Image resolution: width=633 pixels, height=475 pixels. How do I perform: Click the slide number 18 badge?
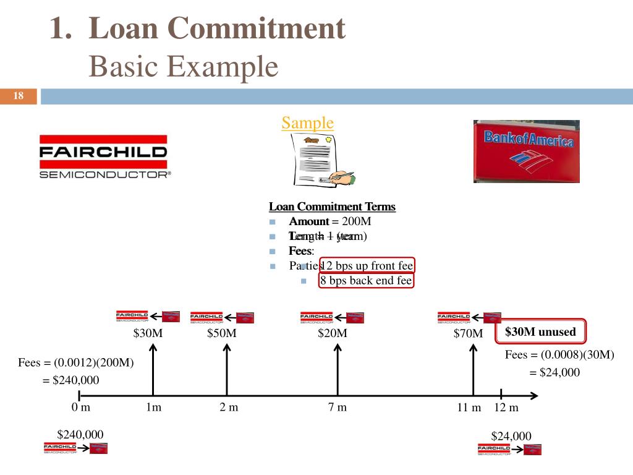tap(19, 96)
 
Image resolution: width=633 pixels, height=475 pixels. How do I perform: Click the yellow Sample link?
tap(307, 122)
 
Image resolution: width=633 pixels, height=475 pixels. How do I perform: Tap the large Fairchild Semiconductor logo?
tap(103, 156)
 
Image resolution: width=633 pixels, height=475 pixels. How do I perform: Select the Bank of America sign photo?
tap(527, 152)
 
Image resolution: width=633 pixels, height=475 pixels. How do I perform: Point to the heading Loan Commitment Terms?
tap(332, 207)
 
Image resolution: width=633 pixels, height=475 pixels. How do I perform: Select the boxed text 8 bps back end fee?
tap(366, 281)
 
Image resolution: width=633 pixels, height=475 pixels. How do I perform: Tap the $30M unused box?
tap(540, 332)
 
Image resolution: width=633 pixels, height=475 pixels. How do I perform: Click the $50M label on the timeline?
tap(222, 333)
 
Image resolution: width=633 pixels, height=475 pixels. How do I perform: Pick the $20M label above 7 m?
tap(333, 333)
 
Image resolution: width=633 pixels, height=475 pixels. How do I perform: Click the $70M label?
tap(468, 334)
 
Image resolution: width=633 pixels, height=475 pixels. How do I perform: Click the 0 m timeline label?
tap(80, 407)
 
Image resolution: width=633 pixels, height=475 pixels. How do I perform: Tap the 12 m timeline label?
tap(506, 408)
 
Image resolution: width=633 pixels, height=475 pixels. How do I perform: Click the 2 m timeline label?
tap(229, 407)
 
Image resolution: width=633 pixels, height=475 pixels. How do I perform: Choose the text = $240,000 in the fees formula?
tap(70, 380)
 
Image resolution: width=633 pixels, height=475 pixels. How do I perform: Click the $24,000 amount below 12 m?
tap(511, 435)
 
